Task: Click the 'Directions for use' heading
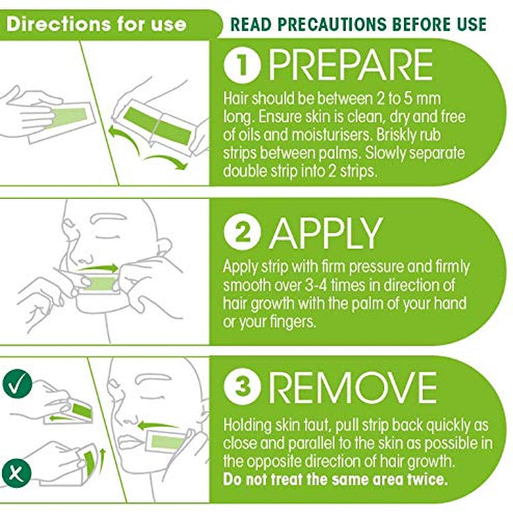click(97, 23)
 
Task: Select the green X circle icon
click(15, 471)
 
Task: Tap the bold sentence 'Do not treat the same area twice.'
click(336, 479)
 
